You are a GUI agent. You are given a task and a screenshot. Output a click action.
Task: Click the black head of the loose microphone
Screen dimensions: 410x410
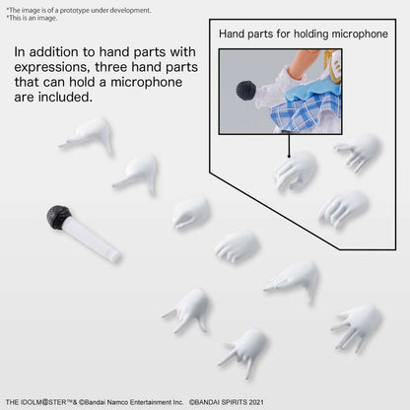(58, 217)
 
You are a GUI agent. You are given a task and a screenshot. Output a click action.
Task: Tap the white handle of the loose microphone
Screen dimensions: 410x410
(92, 240)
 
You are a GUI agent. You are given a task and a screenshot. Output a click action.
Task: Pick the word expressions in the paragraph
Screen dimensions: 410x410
(52, 68)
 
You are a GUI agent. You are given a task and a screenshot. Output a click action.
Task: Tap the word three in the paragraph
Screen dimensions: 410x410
(111, 67)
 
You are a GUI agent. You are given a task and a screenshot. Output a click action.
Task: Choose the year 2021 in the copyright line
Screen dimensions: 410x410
(256, 402)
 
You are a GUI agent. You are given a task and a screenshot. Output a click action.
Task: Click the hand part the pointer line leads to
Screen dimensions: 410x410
(296, 171)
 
